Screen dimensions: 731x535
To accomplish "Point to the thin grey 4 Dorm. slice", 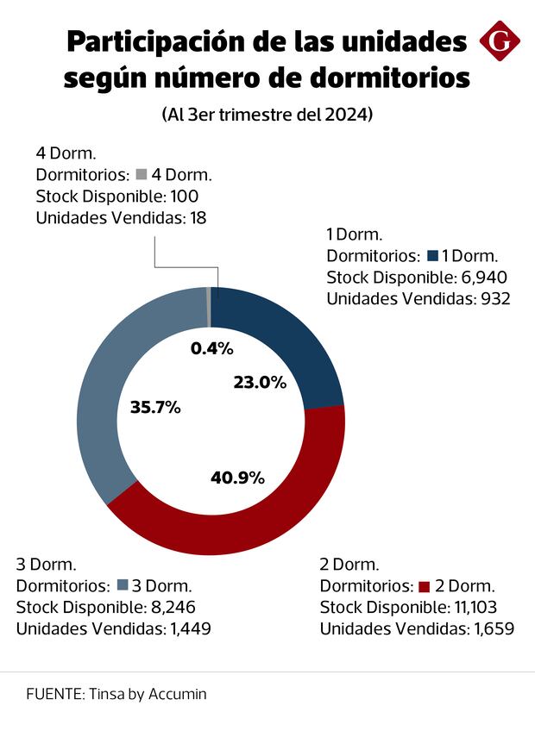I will [x=209, y=306].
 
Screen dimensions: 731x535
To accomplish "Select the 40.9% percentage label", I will [x=237, y=477].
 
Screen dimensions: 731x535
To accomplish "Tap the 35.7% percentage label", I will [x=154, y=408].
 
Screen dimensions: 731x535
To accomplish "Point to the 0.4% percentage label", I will [x=211, y=348].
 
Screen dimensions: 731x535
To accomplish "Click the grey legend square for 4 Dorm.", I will [x=142, y=174].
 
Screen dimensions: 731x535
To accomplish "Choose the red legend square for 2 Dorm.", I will [x=424, y=587].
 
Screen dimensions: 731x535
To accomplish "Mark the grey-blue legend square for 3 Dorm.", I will [x=122, y=586].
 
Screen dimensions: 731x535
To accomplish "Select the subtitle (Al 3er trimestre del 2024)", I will [x=267, y=115].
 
